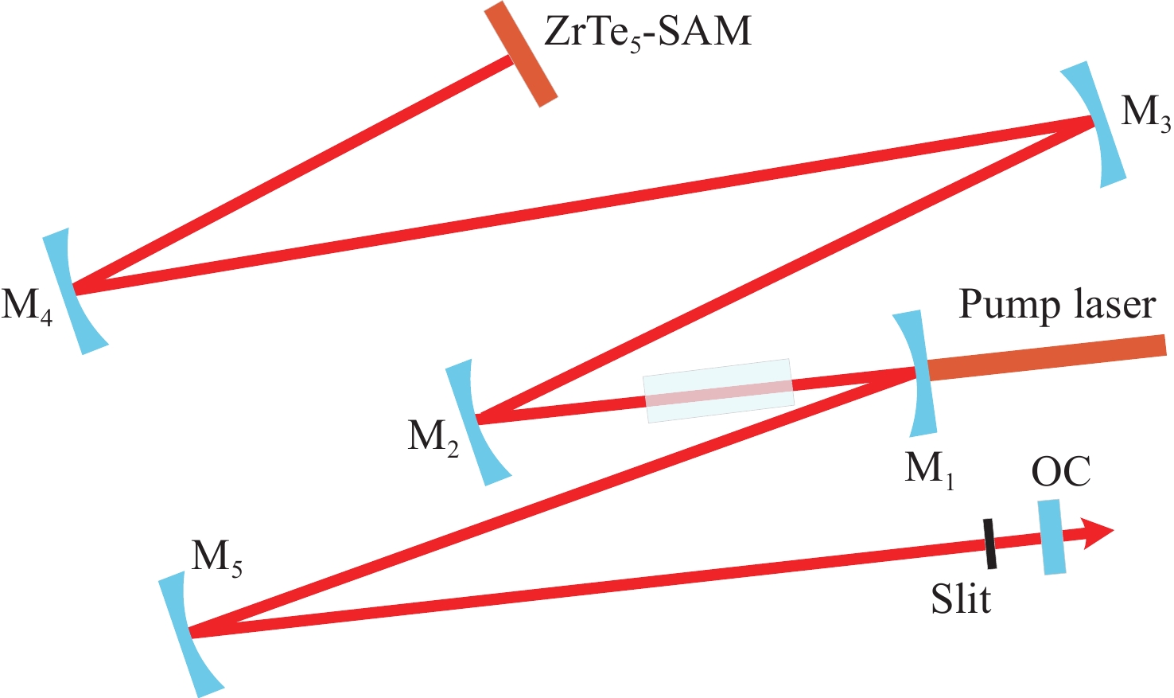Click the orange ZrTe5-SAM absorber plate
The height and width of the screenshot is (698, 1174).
point(520,54)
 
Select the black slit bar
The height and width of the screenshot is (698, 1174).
point(989,544)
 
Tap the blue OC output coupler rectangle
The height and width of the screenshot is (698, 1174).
point(1052,537)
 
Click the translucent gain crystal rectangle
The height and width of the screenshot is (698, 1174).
point(718,391)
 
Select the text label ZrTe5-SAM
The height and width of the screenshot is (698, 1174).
point(647,33)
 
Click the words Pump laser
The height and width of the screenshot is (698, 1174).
point(1056,305)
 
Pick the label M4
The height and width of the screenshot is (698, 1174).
point(27,307)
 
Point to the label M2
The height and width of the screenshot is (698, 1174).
point(433,439)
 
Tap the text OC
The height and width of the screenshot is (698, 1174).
point(1061,472)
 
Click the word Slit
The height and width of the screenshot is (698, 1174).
point(961,599)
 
